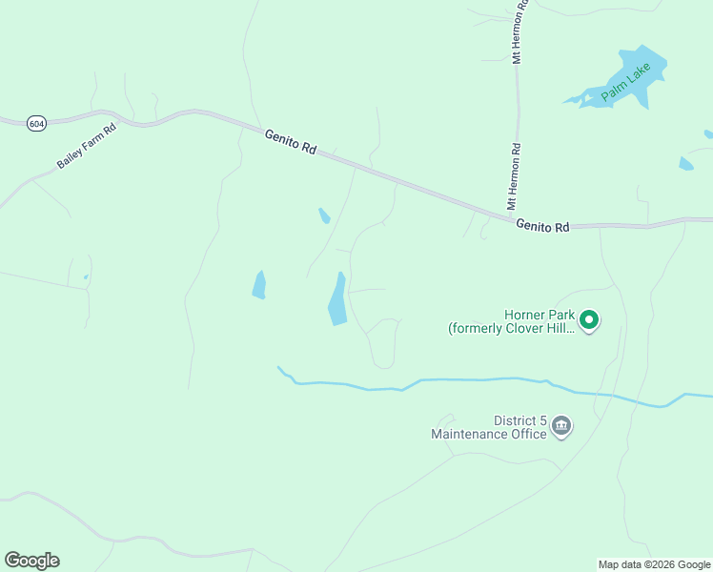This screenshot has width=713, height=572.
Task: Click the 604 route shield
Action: [x=36, y=123]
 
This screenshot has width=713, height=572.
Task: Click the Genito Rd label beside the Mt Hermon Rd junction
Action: [x=542, y=226]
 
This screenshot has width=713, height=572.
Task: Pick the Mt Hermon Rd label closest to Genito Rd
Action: [x=514, y=176]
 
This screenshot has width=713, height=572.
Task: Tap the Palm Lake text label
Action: [x=626, y=83]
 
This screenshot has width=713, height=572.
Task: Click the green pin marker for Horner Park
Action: [x=589, y=319]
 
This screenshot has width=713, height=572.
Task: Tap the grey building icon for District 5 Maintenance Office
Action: [x=561, y=425]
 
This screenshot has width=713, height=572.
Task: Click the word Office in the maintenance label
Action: [x=526, y=435]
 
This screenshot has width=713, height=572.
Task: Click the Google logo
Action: [x=31, y=561]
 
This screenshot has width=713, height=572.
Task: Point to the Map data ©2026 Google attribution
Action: [x=654, y=564]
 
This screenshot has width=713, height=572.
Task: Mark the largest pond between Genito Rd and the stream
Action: [x=337, y=299]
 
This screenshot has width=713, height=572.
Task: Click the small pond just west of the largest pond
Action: [x=258, y=284]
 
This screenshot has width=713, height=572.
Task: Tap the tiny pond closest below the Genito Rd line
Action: [x=324, y=215]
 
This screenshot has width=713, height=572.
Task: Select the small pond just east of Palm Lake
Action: [x=685, y=164]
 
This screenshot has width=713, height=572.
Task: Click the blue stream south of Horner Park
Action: [x=477, y=379]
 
